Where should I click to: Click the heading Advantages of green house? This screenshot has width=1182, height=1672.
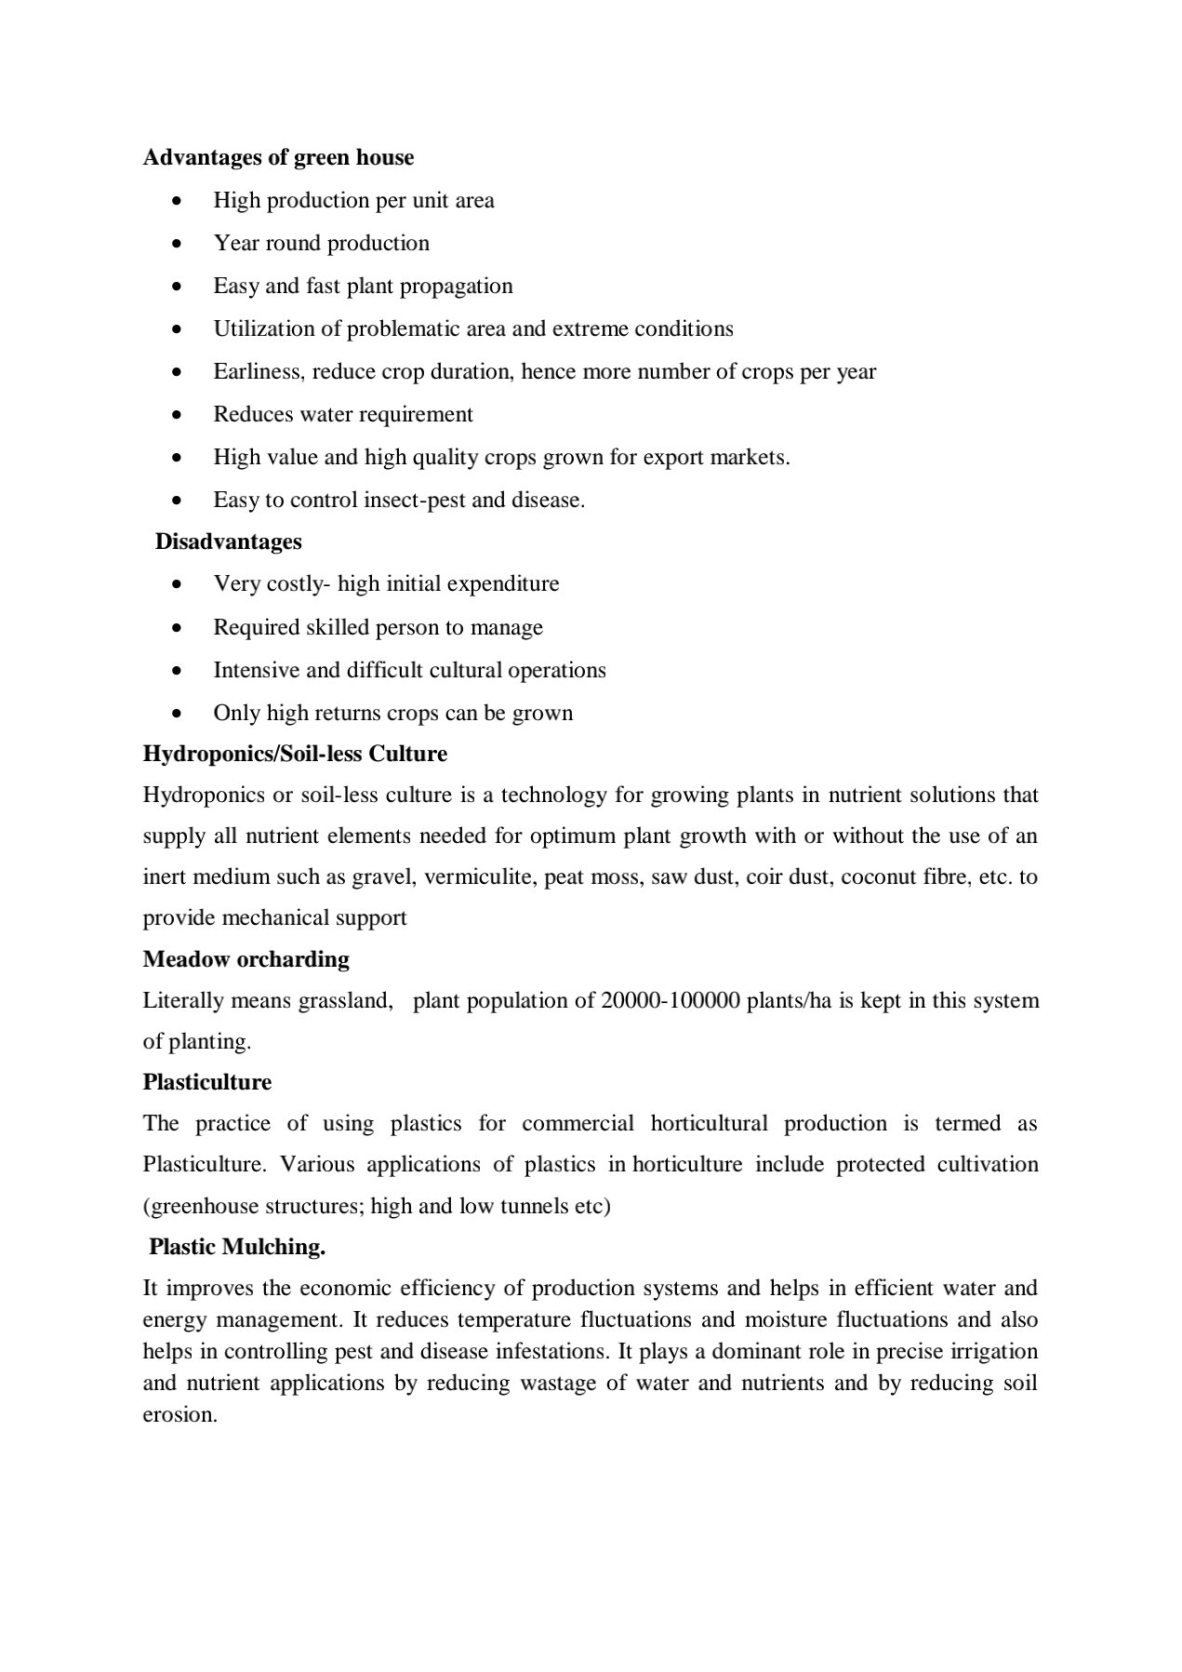[278, 157]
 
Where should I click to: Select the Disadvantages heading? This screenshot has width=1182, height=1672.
[228, 542]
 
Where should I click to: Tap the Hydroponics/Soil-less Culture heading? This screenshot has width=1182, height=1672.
[295, 754]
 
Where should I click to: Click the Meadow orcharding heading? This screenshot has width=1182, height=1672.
[246, 959]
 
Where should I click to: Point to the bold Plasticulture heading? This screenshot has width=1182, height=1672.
[206, 1082]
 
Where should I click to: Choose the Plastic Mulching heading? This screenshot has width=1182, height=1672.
[237, 1247]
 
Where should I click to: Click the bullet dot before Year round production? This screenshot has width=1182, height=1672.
[178, 244]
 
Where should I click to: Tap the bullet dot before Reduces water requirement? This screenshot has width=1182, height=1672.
[178, 415]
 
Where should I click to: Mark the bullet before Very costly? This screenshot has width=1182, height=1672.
[178, 584]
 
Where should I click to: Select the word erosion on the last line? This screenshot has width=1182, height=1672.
[179, 1415]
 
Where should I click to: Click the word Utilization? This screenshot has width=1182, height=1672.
[265, 329]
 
